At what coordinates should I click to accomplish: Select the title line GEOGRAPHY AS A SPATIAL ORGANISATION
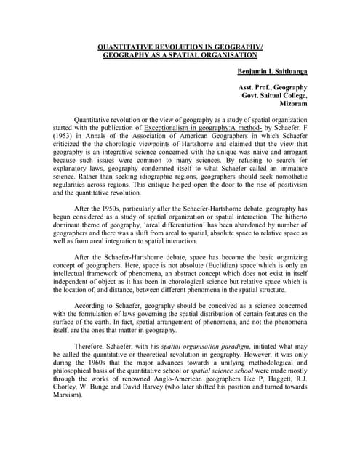click(x=180, y=55)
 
